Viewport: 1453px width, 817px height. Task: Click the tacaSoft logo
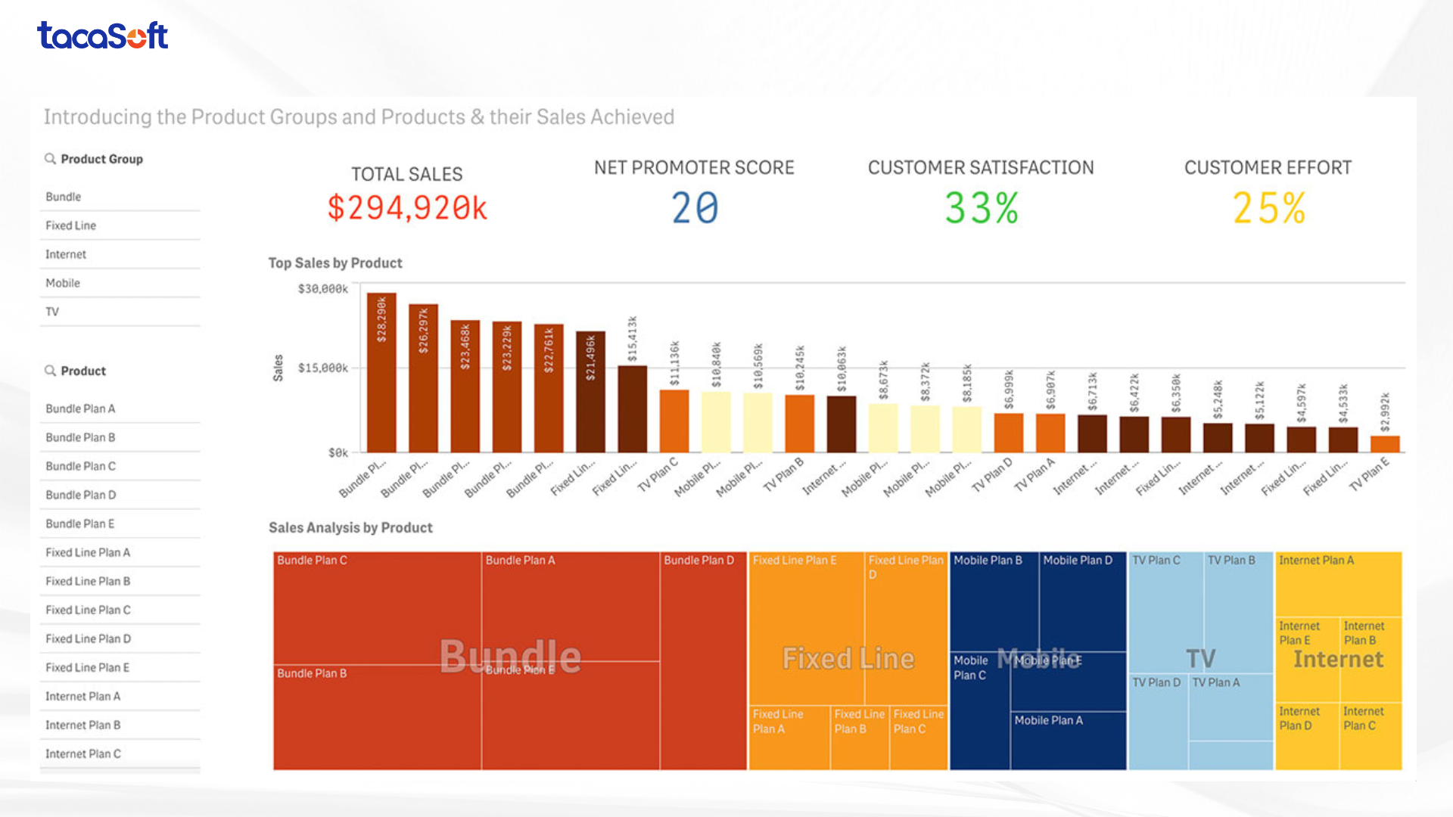click(102, 36)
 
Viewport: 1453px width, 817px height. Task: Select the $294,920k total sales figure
click(407, 208)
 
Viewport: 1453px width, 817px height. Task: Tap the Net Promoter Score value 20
click(695, 208)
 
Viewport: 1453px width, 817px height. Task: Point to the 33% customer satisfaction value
click(982, 208)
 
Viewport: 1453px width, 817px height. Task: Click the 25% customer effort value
click(1269, 208)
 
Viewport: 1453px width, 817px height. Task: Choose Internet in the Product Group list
click(66, 254)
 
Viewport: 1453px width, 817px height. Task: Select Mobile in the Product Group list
click(63, 283)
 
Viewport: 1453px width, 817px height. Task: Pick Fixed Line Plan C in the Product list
click(88, 610)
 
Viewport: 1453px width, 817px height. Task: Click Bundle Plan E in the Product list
click(80, 523)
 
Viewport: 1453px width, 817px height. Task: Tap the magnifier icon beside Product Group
click(50, 159)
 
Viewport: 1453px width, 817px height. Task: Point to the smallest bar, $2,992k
click(1385, 444)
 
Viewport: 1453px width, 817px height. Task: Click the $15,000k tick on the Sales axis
click(323, 368)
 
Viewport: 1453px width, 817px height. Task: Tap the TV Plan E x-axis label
click(1370, 475)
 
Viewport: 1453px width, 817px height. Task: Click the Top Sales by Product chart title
click(335, 263)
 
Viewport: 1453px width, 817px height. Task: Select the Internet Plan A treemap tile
click(1338, 584)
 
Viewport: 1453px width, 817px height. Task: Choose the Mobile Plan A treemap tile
click(1067, 740)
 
